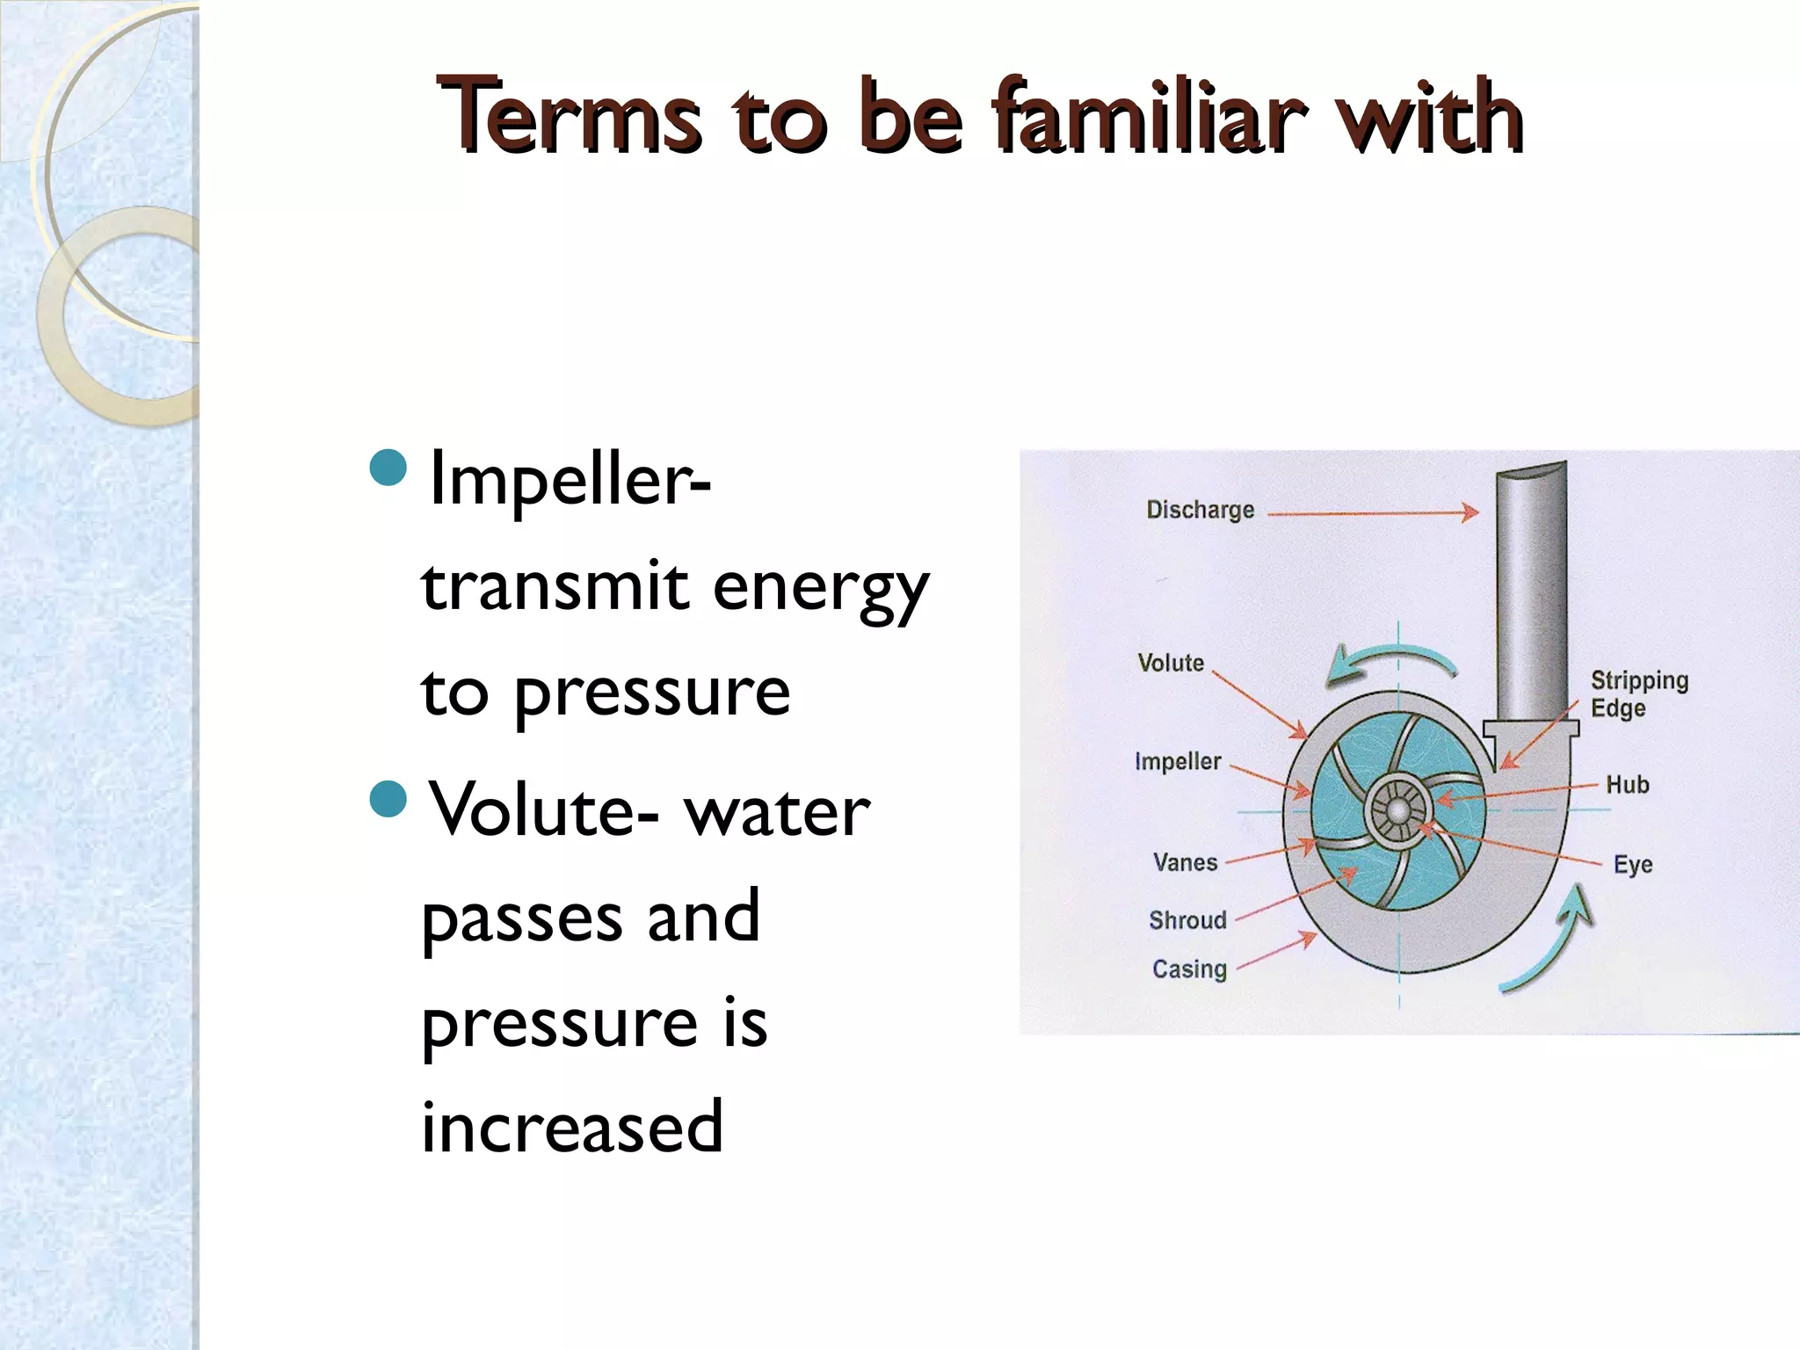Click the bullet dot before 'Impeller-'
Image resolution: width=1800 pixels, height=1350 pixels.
point(388,468)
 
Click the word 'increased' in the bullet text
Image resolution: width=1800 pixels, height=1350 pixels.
point(572,1127)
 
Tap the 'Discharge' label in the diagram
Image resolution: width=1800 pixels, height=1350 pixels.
point(1200,510)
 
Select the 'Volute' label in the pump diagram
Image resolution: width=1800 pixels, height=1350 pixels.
point(1171,663)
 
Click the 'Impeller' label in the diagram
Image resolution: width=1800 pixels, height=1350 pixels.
point(1178,761)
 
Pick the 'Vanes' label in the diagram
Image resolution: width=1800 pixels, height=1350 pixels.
point(1185,862)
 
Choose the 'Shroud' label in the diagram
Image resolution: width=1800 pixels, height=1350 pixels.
point(1187,920)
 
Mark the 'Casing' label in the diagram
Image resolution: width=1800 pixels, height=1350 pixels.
point(1189,969)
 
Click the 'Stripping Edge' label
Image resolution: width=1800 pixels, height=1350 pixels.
point(1638,693)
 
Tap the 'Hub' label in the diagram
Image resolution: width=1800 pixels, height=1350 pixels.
point(1627,784)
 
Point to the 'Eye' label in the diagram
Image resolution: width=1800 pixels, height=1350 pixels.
point(1632,865)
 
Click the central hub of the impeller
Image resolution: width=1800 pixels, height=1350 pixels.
point(1397,809)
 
